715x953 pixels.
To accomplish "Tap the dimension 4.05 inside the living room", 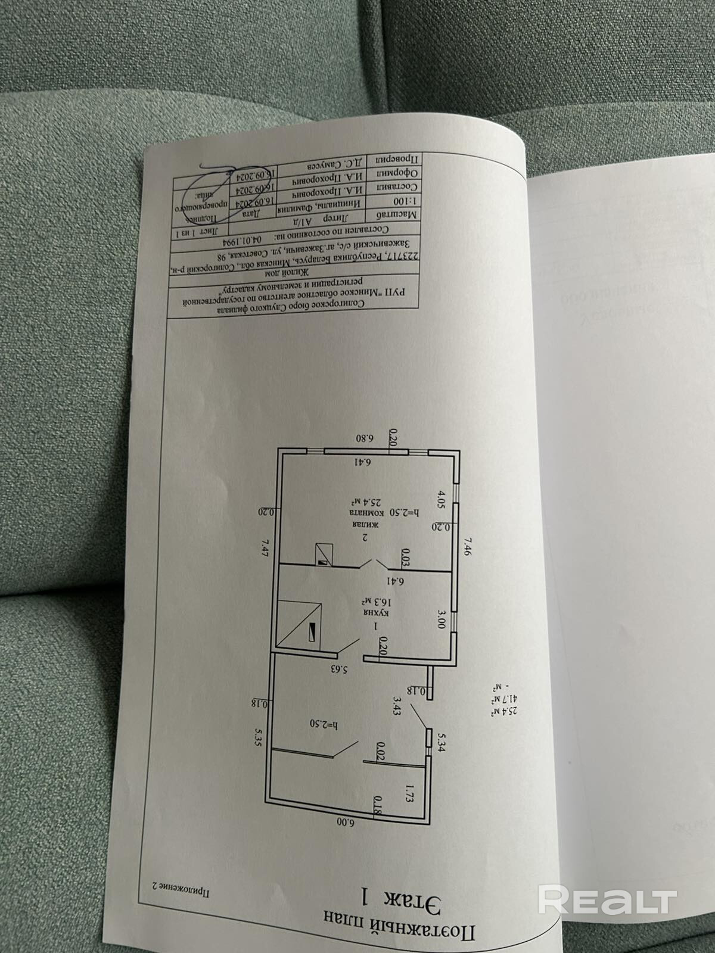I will (442, 497).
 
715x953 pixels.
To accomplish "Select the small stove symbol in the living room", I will (323, 553).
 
